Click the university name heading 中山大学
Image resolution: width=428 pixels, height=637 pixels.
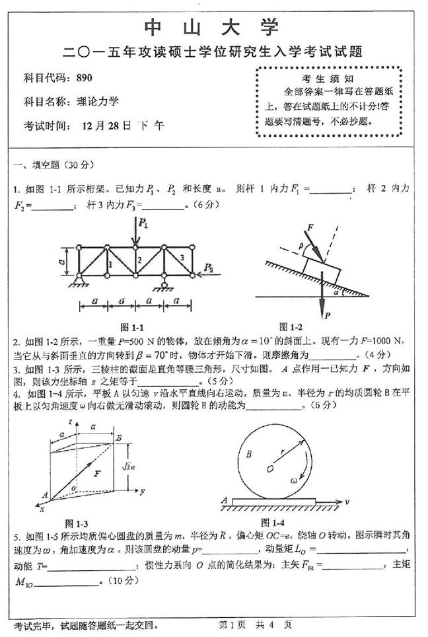[213, 28]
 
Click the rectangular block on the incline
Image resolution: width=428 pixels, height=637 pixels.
[321, 265]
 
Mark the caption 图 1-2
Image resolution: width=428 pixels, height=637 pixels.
[291, 327]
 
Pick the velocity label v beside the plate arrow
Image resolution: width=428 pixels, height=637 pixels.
[347, 502]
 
